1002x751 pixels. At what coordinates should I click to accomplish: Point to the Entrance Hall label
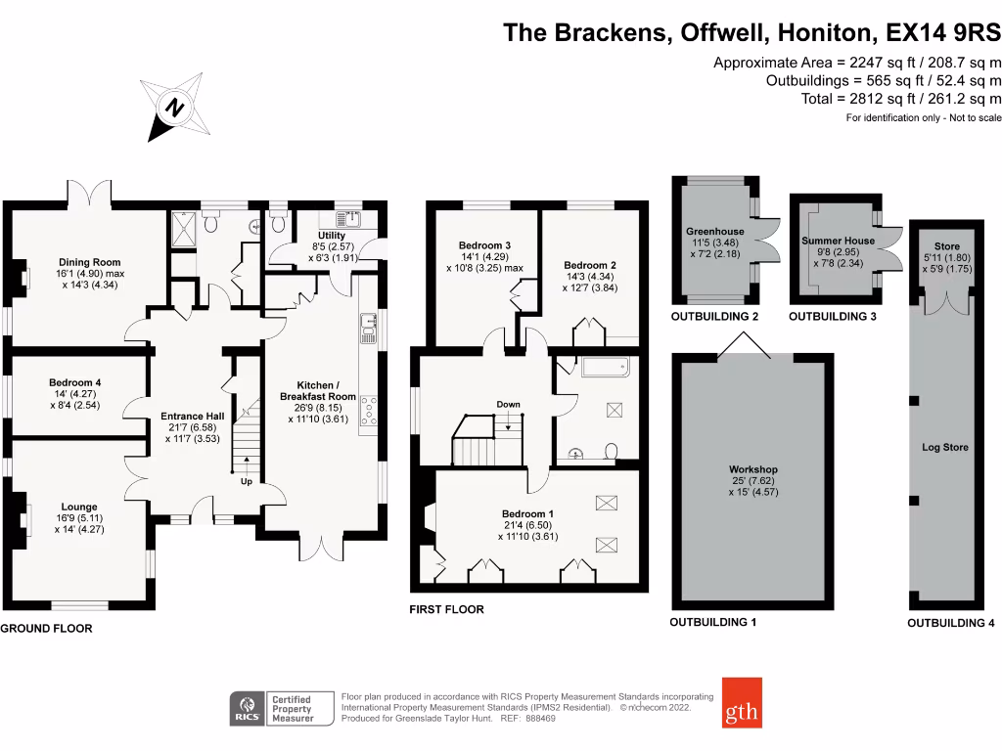(193, 417)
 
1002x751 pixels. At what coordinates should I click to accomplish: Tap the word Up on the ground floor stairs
(248, 481)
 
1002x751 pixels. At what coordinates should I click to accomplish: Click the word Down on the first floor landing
(508, 404)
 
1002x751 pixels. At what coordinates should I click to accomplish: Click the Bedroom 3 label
(485, 245)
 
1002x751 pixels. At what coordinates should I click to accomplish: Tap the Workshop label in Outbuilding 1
(753, 469)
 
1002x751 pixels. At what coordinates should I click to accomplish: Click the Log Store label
(945, 447)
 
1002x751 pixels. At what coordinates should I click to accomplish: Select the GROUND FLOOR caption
(46, 629)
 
